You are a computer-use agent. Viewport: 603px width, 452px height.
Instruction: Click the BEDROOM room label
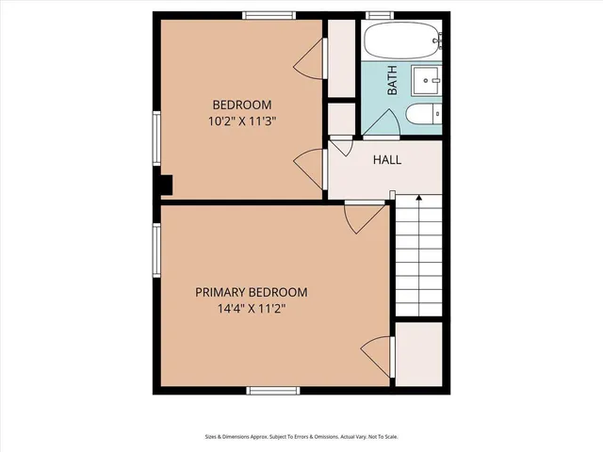pos(242,105)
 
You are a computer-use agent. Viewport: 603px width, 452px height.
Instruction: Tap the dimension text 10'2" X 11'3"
pos(242,121)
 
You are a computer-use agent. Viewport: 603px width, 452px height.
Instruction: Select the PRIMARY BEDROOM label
pos(251,292)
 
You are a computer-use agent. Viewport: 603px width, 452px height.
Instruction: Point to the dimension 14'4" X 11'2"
pos(251,309)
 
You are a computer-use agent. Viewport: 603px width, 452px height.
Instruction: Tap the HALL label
pos(387,160)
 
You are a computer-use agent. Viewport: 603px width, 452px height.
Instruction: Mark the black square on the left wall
pos(166,186)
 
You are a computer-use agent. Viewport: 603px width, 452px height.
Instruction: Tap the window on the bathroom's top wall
pos(379,15)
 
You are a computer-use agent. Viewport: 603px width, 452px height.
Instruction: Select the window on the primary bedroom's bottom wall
pos(273,390)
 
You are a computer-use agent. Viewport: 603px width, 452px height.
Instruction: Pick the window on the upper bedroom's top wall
pos(270,15)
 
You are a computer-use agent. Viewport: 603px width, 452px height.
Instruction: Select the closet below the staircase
pos(417,353)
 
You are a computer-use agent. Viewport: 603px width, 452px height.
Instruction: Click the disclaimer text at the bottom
pos(301,436)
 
